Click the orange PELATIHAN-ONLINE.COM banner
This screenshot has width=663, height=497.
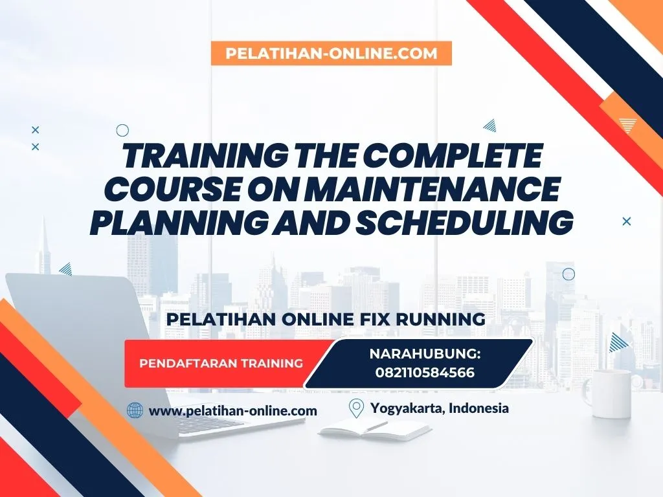(x=331, y=53)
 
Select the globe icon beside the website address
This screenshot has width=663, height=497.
(x=135, y=410)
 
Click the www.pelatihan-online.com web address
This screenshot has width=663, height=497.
(x=233, y=410)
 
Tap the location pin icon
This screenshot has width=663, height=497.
(x=355, y=408)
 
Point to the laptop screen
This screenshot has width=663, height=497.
(x=71, y=324)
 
